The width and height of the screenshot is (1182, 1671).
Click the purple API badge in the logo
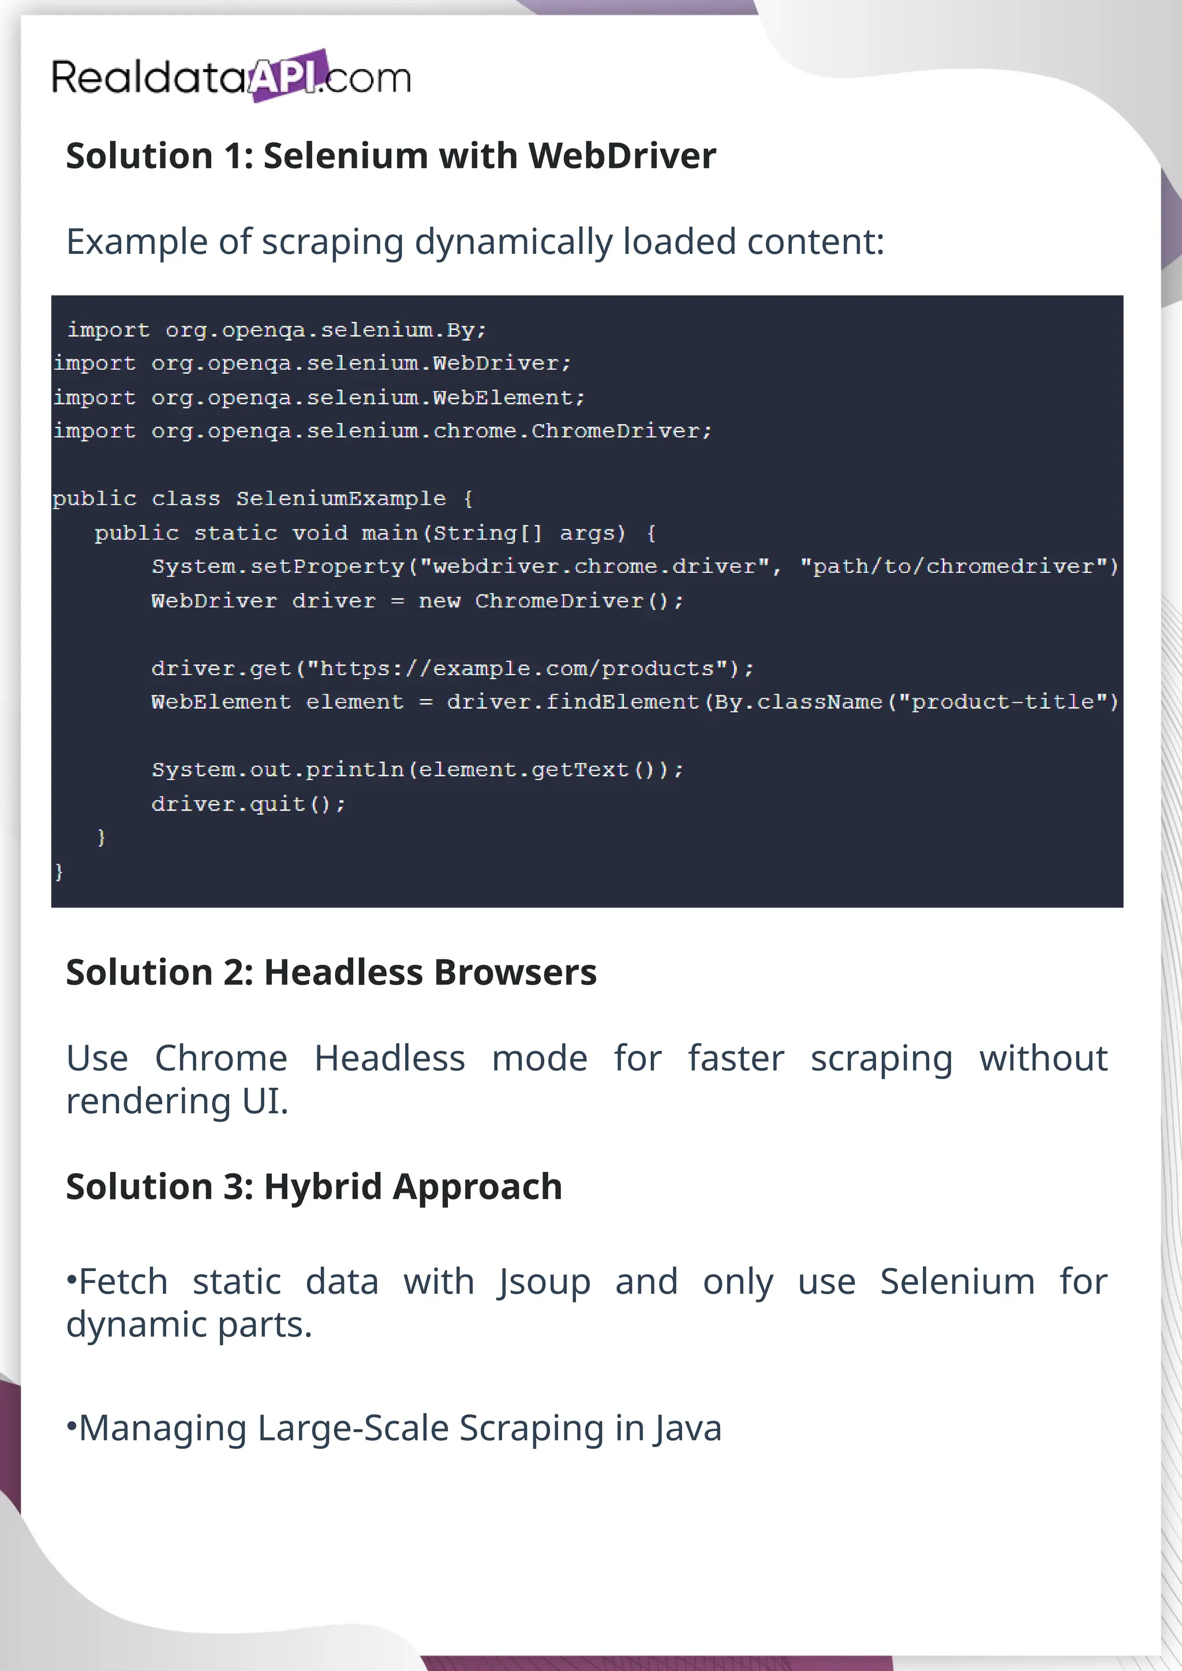[286, 76]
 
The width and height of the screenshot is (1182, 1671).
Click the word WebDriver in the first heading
[622, 156]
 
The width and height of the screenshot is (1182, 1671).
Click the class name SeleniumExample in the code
[341, 499]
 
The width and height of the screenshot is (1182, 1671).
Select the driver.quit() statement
[248, 804]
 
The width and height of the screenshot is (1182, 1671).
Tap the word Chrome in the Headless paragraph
[221, 1058]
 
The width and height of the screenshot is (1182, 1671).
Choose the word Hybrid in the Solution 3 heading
[323, 1187]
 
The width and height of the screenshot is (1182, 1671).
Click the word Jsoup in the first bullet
[544, 1282]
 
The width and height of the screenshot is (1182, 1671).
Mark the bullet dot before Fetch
[72, 1278]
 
